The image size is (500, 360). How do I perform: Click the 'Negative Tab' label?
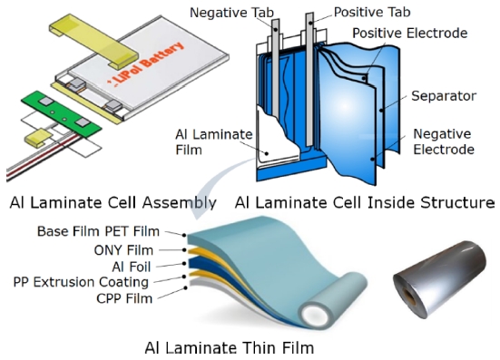point(231,13)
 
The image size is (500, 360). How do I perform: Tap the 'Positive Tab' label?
point(372,12)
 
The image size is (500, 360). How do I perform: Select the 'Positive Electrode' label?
point(410,34)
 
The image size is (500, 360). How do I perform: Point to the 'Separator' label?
point(444,96)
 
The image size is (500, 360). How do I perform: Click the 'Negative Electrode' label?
point(444,141)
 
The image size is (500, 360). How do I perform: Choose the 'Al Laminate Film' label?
point(213,142)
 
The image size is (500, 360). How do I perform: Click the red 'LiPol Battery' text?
point(146,63)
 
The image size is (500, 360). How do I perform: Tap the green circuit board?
point(62,113)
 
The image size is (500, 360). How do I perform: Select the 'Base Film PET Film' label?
point(98,231)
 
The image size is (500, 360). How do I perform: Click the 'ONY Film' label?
point(123,250)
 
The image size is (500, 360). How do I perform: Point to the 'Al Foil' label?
point(131,267)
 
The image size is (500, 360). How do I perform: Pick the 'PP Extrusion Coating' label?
point(81,282)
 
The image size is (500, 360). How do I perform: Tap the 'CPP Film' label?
point(124,299)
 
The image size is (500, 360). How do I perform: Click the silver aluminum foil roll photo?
point(440,279)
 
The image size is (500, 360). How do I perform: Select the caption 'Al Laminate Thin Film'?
point(230,347)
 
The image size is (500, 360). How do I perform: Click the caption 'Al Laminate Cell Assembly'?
point(113,202)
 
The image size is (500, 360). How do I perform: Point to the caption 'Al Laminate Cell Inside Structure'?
point(365,202)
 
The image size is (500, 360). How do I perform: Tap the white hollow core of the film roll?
point(316,316)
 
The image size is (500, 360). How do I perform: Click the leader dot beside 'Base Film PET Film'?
point(184,235)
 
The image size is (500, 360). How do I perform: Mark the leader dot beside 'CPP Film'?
point(185,288)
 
